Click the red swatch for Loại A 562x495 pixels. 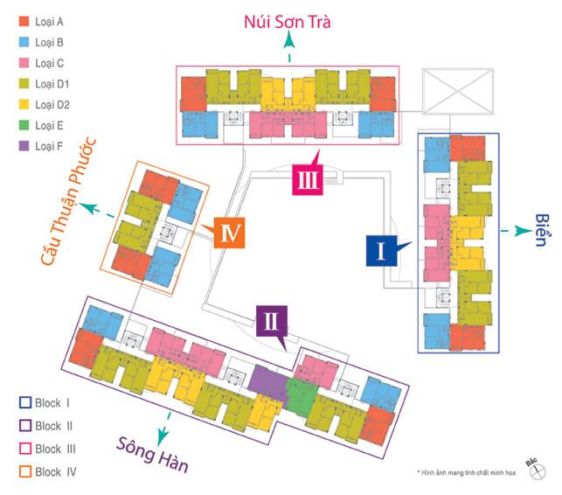(x=22, y=21)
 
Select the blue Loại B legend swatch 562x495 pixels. (x=22, y=42)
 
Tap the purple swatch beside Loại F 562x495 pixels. (x=22, y=146)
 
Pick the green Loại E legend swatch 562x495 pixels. (x=22, y=125)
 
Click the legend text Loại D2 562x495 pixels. (x=52, y=105)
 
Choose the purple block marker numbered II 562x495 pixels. (x=272, y=321)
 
